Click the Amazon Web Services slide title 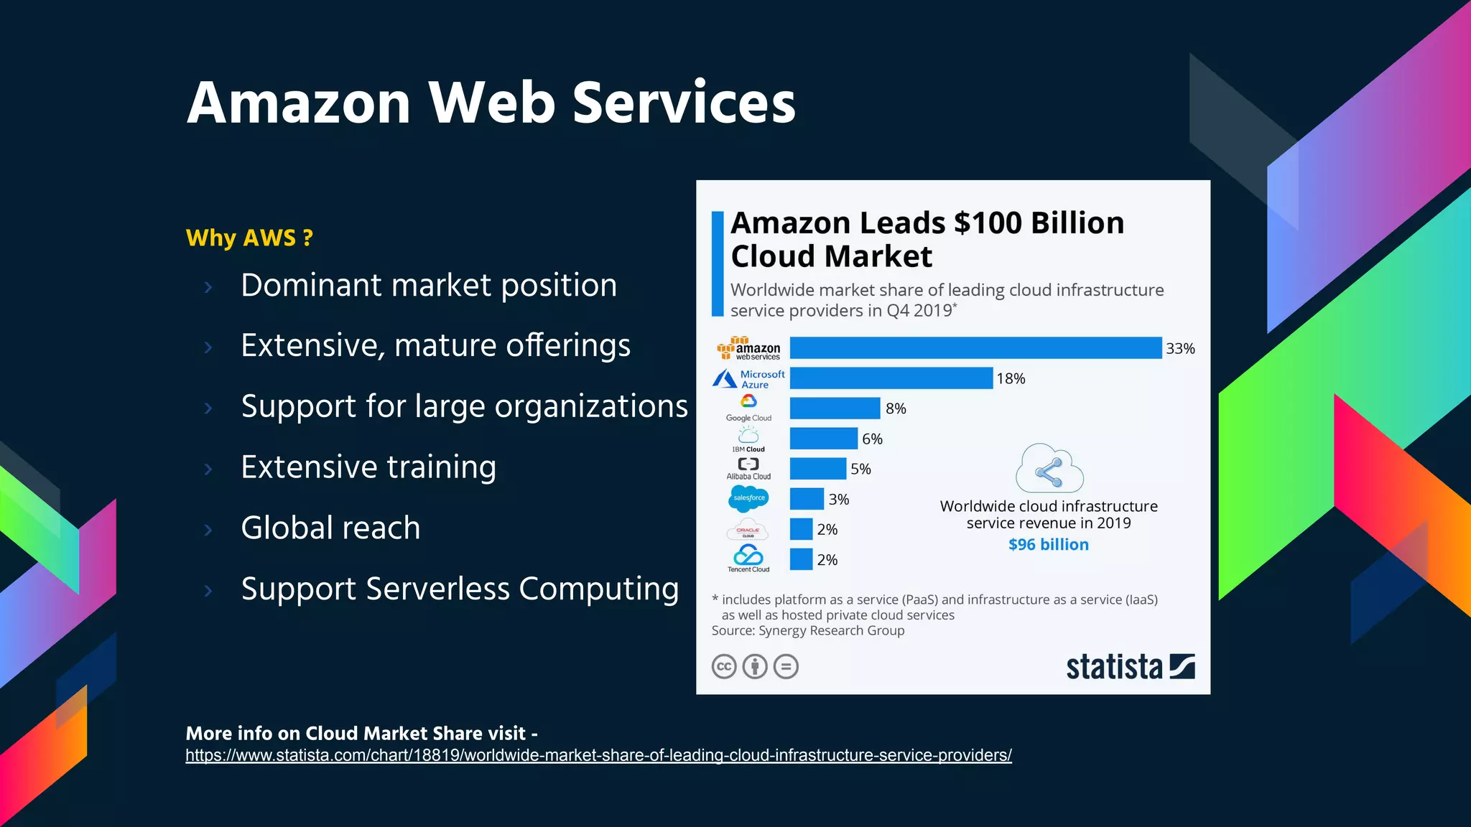pyautogui.click(x=491, y=103)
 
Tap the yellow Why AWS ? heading pyautogui.click(x=249, y=238)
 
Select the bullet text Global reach pyautogui.click(x=330, y=528)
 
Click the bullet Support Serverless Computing pyautogui.click(x=460, y=589)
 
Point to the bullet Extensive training pyautogui.click(x=368, y=467)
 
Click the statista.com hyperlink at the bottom pyautogui.click(x=598, y=755)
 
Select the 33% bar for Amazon pyautogui.click(x=975, y=348)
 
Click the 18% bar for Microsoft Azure pyautogui.click(x=891, y=378)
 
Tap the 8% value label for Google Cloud pyautogui.click(x=896, y=408)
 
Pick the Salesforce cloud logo pyautogui.click(x=748, y=498)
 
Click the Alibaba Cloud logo pyautogui.click(x=748, y=468)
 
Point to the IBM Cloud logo pyautogui.click(x=748, y=439)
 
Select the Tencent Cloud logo pyautogui.click(x=748, y=558)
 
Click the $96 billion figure pyautogui.click(x=1048, y=545)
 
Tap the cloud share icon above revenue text pyautogui.click(x=1049, y=469)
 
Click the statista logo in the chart pyautogui.click(x=1130, y=667)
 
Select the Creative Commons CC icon pyautogui.click(x=724, y=667)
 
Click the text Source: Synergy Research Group pyautogui.click(x=807, y=631)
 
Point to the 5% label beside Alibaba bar pyautogui.click(x=860, y=469)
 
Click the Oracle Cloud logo pyautogui.click(x=748, y=530)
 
